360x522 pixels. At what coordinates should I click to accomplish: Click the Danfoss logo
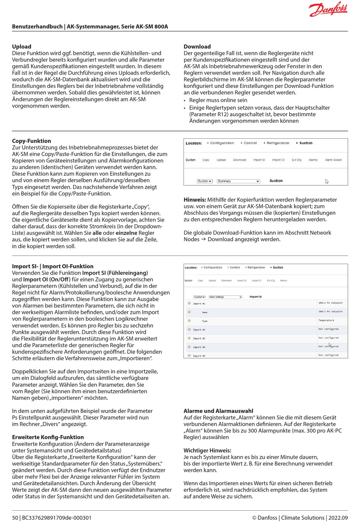click(x=328, y=9)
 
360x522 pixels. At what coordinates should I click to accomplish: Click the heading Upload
click(x=22, y=47)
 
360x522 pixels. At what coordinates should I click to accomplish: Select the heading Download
click(x=197, y=47)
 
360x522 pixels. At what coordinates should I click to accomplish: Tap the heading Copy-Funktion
click(x=31, y=141)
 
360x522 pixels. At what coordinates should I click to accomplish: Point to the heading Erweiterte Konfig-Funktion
click(x=48, y=437)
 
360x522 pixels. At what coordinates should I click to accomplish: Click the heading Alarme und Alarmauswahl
click(x=218, y=411)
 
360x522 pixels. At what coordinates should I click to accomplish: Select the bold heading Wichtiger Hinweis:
click(x=207, y=450)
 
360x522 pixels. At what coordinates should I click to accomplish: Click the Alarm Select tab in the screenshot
click(x=333, y=160)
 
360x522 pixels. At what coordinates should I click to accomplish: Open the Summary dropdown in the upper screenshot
click(x=238, y=181)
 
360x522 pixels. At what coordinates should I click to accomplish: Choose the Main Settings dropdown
click(x=225, y=297)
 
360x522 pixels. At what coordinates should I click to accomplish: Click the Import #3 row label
click(x=199, y=338)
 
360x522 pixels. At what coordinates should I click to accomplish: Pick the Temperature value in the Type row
click(x=326, y=320)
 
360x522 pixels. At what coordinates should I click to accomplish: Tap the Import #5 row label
click(x=199, y=356)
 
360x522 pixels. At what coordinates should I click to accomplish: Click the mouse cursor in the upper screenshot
click(x=327, y=181)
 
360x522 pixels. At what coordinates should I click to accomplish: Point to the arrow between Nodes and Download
click(x=203, y=239)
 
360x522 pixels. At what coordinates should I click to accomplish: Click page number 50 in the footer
click(x=15, y=518)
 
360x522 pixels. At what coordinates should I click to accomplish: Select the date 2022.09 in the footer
click(x=338, y=518)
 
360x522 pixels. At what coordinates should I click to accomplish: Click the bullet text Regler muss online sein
click(x=218, y=100)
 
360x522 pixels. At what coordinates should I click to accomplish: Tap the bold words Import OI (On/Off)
click(x=47, y=280)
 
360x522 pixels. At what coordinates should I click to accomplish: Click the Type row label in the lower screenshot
click(x=205, y=321)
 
